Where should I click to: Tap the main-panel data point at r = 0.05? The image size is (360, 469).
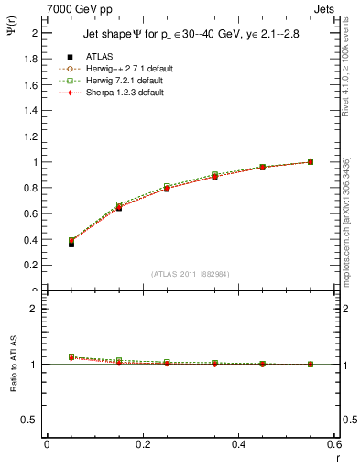(71, 243)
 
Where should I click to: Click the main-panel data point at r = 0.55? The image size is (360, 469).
(311, 162)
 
